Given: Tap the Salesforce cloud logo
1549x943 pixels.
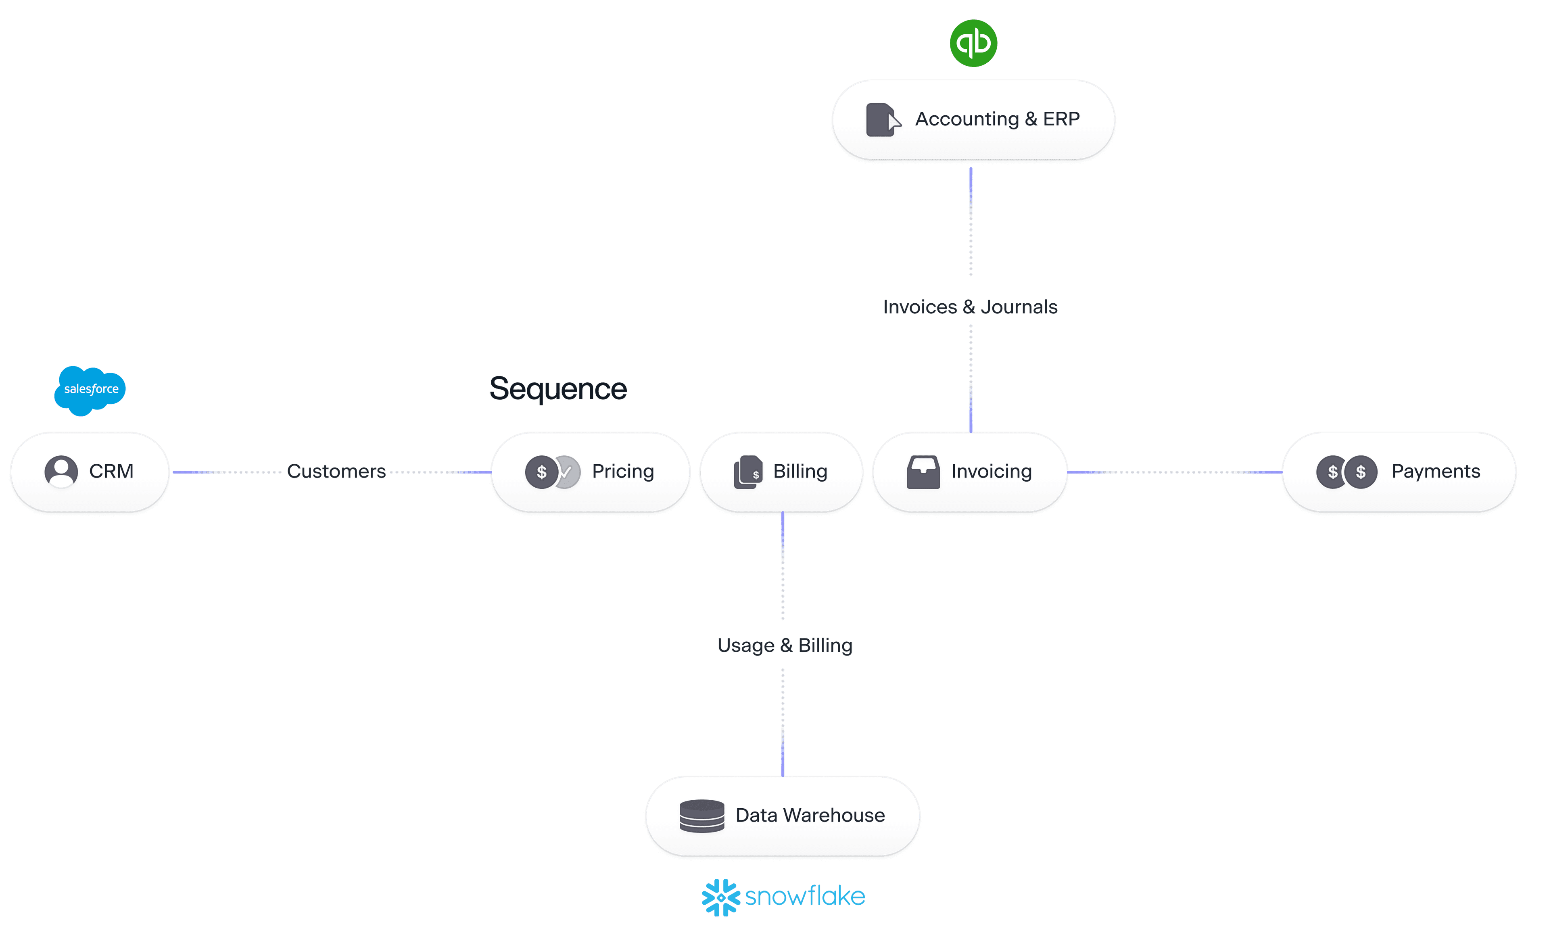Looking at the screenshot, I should click(x=90, y=390).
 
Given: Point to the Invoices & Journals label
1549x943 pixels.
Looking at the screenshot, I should click(x=970, y=307).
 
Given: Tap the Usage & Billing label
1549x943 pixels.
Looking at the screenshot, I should click(x=785, y=646).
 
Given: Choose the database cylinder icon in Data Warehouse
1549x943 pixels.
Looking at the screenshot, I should click(x=701, y=816).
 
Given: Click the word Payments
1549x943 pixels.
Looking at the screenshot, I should click(x=1435, y=471).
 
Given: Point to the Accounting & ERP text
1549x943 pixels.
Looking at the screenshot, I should click(x=997, y=119).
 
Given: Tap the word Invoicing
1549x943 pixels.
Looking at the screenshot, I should click(x=992, y=471).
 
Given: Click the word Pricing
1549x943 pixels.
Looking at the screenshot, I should click(x=622, y=471).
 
